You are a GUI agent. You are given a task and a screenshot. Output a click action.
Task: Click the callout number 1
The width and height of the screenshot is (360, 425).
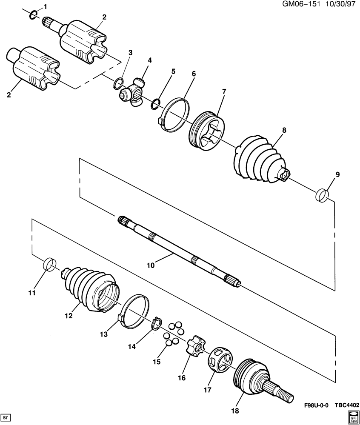tap(45, 6)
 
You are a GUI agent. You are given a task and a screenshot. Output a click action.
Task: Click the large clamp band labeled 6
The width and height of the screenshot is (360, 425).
tap(174, 115)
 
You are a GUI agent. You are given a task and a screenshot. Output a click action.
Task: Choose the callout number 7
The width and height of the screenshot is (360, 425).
tap(224, 91)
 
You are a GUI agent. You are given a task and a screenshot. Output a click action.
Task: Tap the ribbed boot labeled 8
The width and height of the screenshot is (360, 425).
tap(261, 158)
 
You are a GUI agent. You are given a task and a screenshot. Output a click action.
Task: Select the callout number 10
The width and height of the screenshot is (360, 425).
tap(151, 265)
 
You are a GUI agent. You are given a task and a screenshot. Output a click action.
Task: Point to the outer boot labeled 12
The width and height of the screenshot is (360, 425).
tap(90, 289)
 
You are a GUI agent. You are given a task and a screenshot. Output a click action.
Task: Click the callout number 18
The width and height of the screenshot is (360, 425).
tap(235, 411)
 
